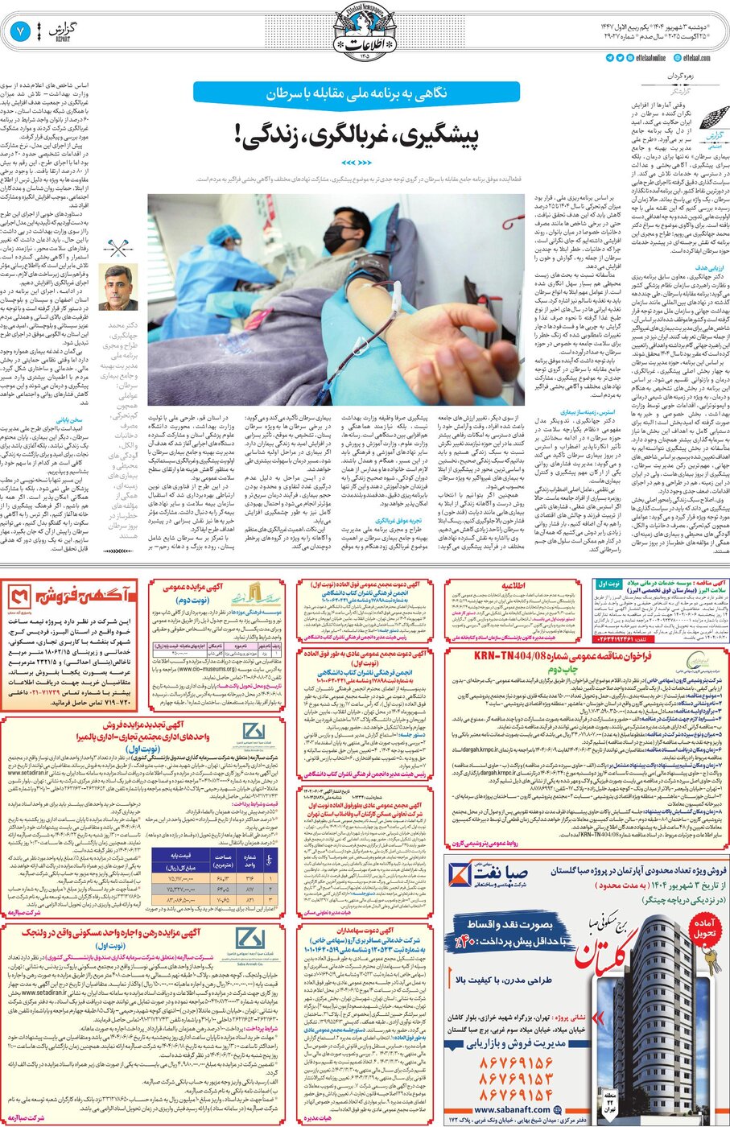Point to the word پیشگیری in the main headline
point(438,134)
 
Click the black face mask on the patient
point(334,237)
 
